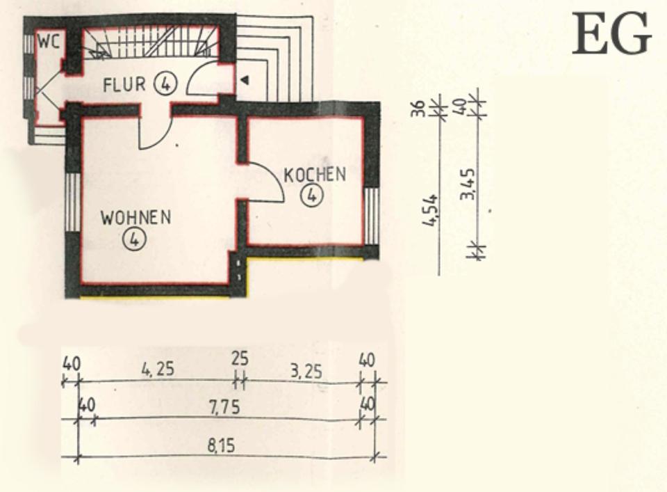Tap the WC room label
point(48,41)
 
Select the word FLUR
point(124,85)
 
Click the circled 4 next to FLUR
point(165,84)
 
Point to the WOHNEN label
point(135,217)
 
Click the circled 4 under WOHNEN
point(133,239)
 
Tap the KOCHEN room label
point(315,174)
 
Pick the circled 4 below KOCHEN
point(312,196)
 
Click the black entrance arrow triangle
point(245,81)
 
